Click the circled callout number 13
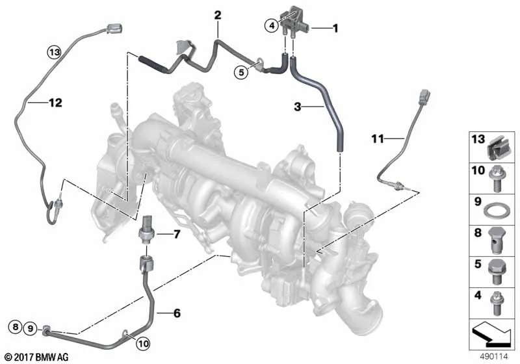pyautogui.click(x=55, y=53)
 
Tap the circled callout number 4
pyautogui.click(x=272, y=25)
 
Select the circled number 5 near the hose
pyautogui.click(x=241, y=72)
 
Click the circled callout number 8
pyautogui.click(x=16, y=328)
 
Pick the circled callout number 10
pyautogui.click(x=144, y=343)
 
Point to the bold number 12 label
pyautogui.click(x=55, y=103)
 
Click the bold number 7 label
pyautogui.click(x=177, y=235)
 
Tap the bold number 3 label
pyautogui.click(x=298, y=107)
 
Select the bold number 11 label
pyautogui.click(x=378, y=138)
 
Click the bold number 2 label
pyautogui.click(x=218, y=15)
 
